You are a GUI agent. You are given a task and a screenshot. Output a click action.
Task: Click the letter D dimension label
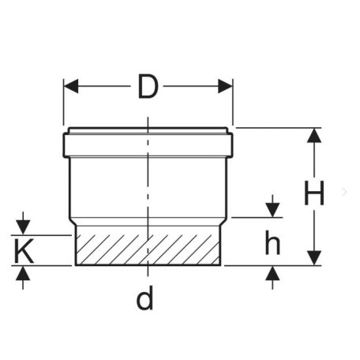click(x=148, y=87)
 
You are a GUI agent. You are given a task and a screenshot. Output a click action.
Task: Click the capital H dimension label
click(x=314, y=193)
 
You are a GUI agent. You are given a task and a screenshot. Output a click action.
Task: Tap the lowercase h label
click(x=272, y=242)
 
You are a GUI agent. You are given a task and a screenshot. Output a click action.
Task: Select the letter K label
click(x=24, y=251)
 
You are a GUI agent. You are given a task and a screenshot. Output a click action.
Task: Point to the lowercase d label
click(x=144, y=298)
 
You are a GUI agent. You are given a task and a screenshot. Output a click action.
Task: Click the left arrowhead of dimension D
click(x=71, y=86)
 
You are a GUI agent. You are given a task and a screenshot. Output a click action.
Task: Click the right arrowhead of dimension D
click(x=225, y=86)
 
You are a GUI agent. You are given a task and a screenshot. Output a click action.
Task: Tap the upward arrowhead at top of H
click(x=314, y=136)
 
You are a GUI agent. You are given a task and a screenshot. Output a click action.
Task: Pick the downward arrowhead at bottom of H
click(x=314, y=258)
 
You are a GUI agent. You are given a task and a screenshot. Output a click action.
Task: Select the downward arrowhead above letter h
click(x=272, y=210)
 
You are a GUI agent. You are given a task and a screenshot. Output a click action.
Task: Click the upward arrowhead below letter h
click(x=272, y=273)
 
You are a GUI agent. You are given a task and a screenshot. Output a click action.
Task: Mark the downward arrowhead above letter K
click(x=23, y=227)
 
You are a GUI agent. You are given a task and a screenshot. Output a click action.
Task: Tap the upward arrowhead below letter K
click(x=23, y=273)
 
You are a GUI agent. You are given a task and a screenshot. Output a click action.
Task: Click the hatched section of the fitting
click(x=148, y=249)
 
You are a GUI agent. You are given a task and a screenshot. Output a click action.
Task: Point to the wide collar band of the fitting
click(x=148, y=145)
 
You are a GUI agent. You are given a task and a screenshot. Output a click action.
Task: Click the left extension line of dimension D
click(x=63, y=102)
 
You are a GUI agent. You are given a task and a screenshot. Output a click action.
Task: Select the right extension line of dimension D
click(x=233, y=102)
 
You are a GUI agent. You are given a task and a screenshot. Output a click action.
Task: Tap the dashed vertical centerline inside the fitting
click(x=148, y=197)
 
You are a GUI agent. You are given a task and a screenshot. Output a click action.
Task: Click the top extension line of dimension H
click(x=279, y=128)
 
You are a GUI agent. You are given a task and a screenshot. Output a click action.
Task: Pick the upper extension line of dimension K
click(x=41, y=235)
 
